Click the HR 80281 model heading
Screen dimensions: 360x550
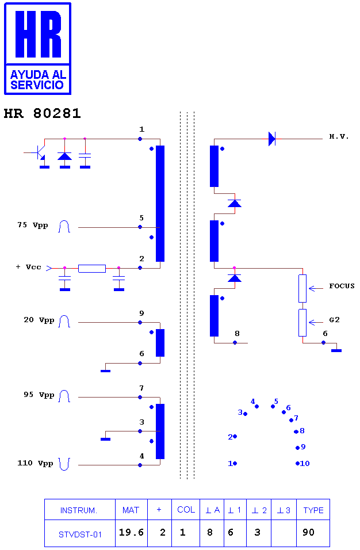point(43,113)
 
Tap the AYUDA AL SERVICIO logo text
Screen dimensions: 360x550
point(38,79)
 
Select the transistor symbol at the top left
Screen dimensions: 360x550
point(39,153)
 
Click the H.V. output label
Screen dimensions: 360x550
point(339,136)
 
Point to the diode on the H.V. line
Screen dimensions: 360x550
point(272,139)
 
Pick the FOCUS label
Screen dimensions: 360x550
point(342,286)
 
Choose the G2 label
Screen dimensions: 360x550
point(335,320)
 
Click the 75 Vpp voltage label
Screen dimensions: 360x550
point(33,225)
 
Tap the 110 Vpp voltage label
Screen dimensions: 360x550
point(35,463)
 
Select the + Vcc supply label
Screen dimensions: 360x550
point(28,267)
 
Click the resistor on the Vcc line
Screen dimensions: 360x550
point(92,269)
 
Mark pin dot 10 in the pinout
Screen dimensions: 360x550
point(298,463)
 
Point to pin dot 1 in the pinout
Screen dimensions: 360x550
point(235,463)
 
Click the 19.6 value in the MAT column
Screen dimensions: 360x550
point(131,533)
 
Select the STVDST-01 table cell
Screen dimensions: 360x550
point(80,534)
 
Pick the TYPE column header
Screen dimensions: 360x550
point(313,510)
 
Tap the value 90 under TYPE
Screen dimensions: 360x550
point(308,533)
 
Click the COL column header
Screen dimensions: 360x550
point(186,510)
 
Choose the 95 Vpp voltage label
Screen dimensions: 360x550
point(39,395)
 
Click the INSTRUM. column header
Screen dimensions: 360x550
point(79,510)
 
